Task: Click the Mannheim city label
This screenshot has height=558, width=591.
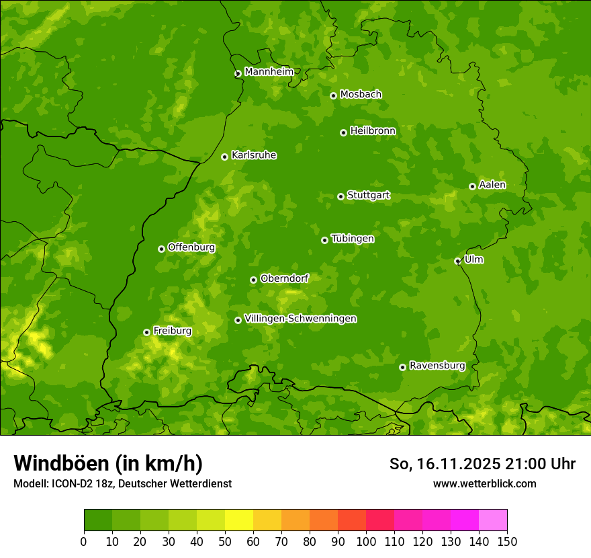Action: (269, 71)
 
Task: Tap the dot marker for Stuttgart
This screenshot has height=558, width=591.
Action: (340, 196)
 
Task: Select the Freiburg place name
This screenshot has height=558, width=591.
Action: (172, 331)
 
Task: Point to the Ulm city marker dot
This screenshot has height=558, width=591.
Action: (457, 261)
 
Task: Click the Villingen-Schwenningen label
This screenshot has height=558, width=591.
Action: (300, 319)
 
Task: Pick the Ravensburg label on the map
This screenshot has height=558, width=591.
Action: (437, 366)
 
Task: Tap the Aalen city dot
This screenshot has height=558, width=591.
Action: (472, 186)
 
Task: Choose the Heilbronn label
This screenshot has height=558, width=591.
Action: (373, 130)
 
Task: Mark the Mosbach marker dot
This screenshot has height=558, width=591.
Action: (333, 95)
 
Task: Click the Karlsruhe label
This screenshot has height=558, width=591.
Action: (253, 155)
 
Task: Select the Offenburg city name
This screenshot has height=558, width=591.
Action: (191, 247)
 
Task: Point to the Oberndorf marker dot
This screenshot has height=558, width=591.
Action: (253, 280)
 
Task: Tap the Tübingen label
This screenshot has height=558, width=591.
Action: (352, 238)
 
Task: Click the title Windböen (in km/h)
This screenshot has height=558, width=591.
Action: (107, 463)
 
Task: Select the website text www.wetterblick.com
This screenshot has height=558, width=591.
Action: (484, 483)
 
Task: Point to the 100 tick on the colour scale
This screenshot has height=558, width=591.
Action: (366, 541)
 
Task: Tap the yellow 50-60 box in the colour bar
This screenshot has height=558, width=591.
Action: (239, 520)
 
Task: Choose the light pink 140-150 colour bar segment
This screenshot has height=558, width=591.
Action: (493, 520)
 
